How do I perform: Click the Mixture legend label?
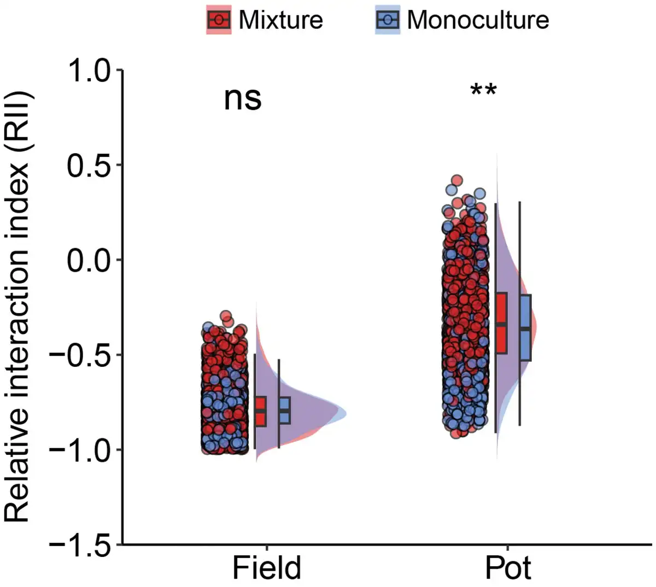[x=280, y=20]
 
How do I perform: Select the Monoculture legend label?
[x=478, y=20]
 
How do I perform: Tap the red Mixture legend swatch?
[x=219, y=20]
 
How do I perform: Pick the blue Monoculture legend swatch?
[x=388, y=20]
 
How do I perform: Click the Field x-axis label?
[x=267, y=568]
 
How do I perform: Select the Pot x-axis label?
[x=508, y=568]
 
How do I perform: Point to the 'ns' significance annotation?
[x=243, y=99]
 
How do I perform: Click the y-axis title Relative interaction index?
[x=19, y=306]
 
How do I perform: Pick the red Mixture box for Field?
[x=260, y=411]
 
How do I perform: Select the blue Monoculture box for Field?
[x=284, y=410]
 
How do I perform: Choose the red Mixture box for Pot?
[x=501, y=323]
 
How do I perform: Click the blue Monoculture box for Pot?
[x=525, y=327]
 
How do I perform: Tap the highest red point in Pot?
[x=456, y=181]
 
